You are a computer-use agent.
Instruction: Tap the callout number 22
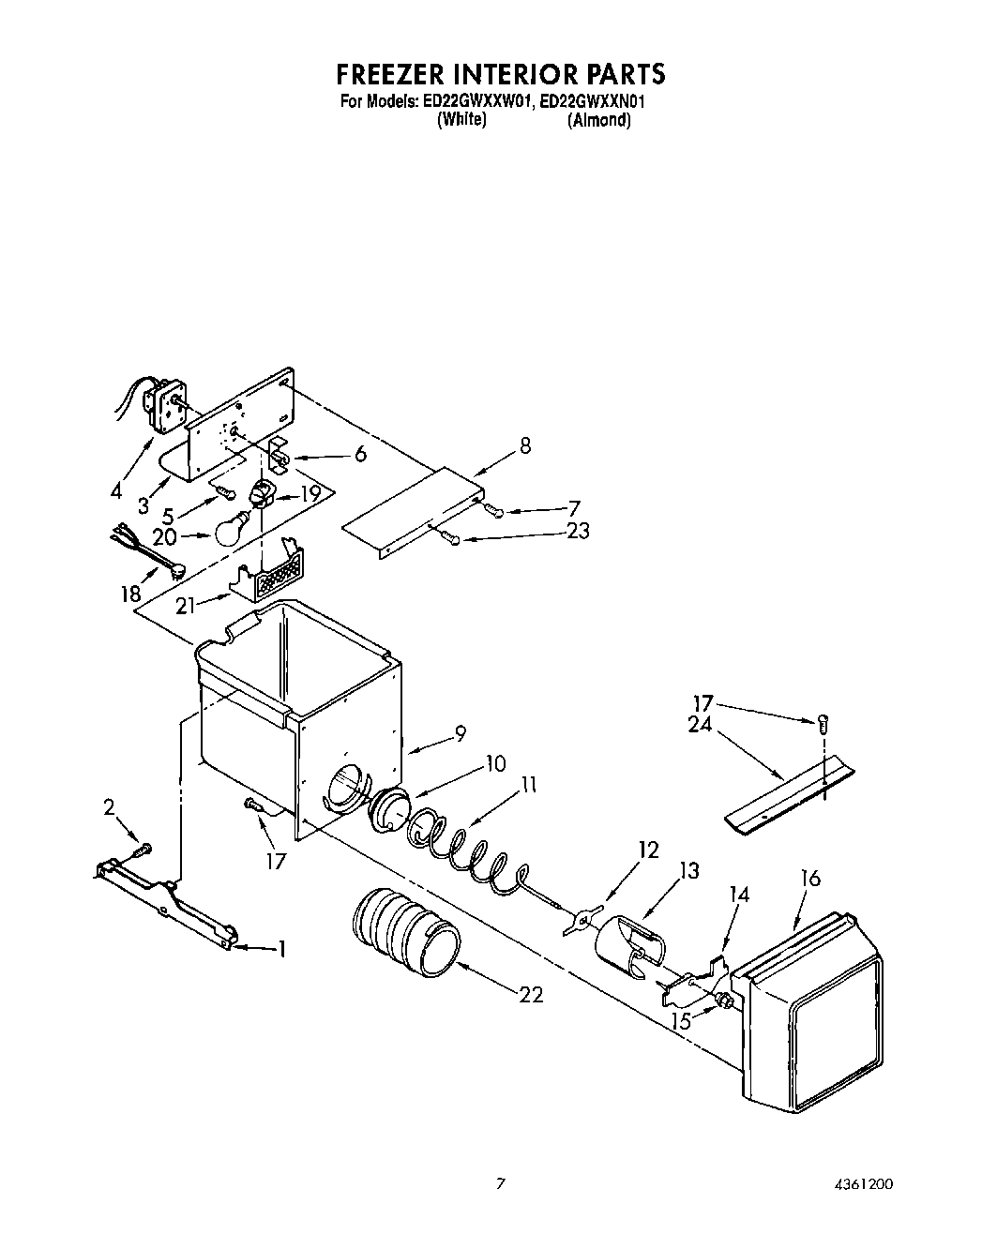point(531,995)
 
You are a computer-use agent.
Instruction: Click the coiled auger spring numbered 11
point(460,848)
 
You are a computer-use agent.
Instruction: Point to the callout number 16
point(810,878)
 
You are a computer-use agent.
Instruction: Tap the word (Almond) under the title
point(598,120)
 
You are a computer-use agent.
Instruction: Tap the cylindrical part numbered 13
point(628,948)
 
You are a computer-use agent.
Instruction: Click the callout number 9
point(460,734)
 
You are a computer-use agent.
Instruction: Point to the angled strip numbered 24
point(790,795)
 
